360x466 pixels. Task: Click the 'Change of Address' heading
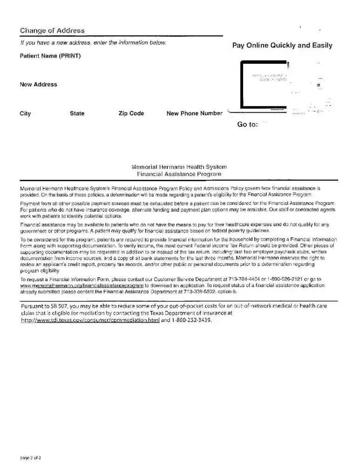[52, 31]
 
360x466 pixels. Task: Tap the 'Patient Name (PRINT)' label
[50, 56]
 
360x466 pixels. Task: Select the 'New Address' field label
[38, 84]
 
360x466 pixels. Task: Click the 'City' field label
[26, 113]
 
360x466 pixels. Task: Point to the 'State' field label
[77, 113]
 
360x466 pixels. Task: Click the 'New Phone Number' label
[194, 113]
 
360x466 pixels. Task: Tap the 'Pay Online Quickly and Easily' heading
[282, 45]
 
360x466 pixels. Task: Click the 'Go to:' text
[248, 124]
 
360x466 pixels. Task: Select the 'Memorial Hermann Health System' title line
[180, 166]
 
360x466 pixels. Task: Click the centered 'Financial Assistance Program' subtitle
[180, 173]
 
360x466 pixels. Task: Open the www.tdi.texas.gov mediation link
[90, 321]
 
